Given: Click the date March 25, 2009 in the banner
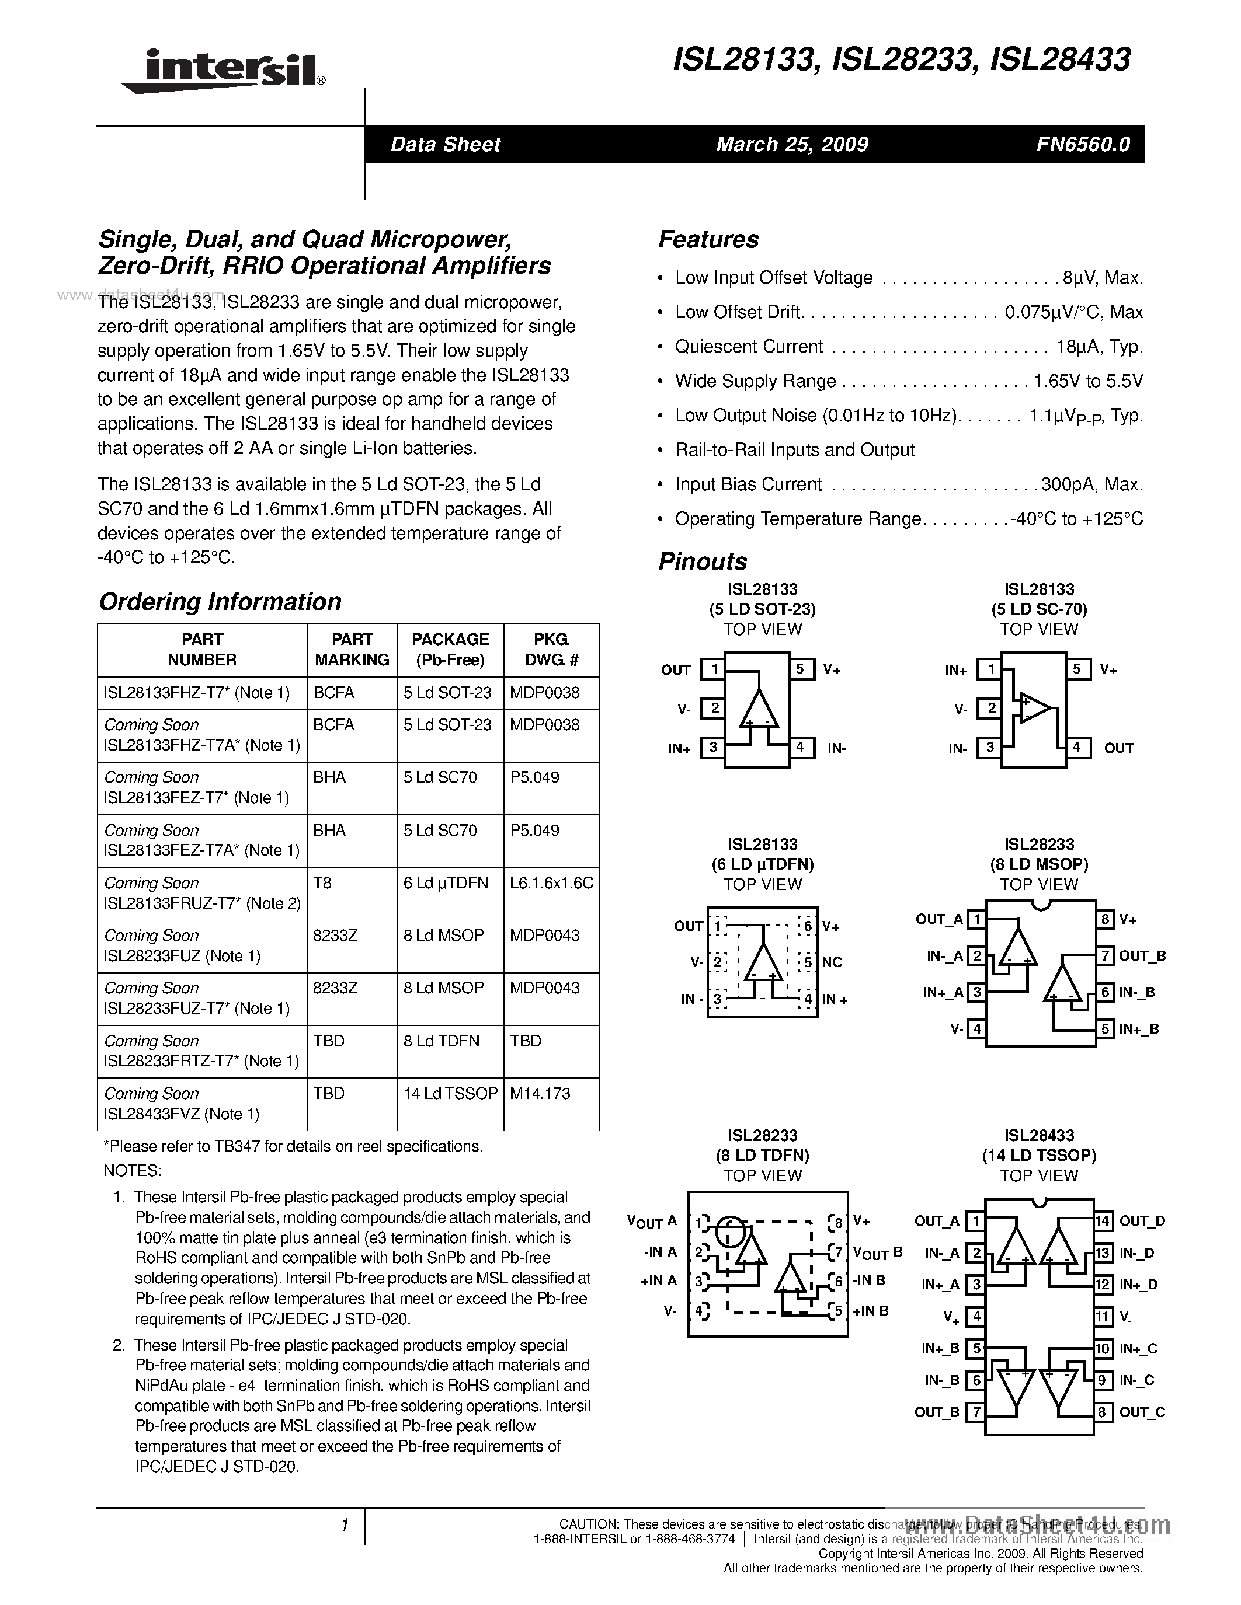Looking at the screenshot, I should (792, 144).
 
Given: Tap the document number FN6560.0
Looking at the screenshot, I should (1083, 144).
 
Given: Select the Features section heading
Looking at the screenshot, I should (708, 239).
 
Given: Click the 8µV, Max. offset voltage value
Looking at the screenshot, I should (1102, 278).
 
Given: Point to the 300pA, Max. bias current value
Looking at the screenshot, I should (1091, 484).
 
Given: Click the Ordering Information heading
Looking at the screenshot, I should (220, 601).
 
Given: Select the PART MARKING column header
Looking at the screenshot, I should (352, 650).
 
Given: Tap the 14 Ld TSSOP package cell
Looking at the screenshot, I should (450, 1094).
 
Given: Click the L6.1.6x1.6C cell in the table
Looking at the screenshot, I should (551, 882).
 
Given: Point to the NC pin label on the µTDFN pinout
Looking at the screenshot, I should (832, 962).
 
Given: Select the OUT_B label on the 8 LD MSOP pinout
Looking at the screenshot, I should (1142, 955).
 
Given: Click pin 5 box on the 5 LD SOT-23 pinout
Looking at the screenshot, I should (801, 669).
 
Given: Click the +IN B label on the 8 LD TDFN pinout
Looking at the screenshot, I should (871, 1310).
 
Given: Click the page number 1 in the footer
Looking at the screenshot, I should (344, 1526).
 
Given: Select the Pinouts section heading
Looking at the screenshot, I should (702, 561).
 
